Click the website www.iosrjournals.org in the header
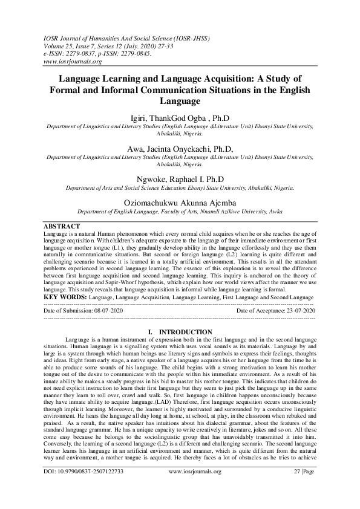[x=72, y=62]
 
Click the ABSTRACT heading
[x=62, y=226]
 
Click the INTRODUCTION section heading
[x=185, y=332]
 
